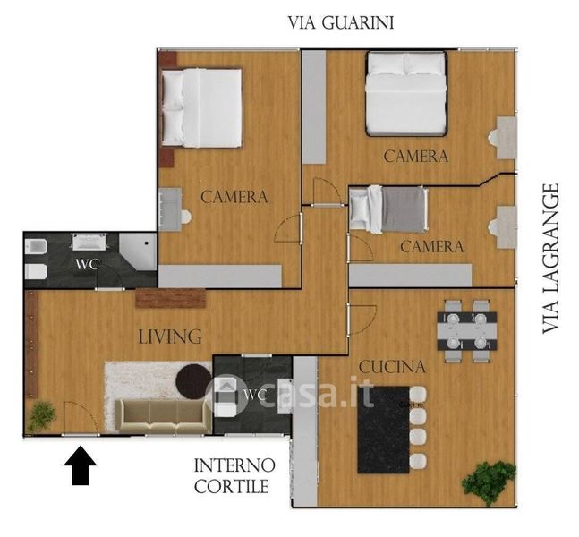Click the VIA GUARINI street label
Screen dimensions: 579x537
(340, 22)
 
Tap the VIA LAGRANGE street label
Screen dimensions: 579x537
(550, 259)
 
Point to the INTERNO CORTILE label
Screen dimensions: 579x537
(234, 475)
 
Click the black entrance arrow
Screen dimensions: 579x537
(81, 465)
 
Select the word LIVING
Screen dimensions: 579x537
(170, 337)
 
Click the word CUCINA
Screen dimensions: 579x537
(392, 367)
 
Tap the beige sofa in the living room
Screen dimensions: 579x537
(163, 416)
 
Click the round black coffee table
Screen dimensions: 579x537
(194, 381)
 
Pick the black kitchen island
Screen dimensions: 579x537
(384, 430)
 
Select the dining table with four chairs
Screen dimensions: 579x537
(467, 331)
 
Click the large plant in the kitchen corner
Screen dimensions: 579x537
(488, 482)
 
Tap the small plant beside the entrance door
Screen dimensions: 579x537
(42, 416)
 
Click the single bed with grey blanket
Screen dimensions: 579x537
(388, 209)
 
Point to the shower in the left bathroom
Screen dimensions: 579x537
(138, 251)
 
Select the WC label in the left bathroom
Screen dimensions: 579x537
(87, 264)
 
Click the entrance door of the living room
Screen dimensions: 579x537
(81, 418)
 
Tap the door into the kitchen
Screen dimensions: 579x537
(362, 320)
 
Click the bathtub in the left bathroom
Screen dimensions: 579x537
(89, 243)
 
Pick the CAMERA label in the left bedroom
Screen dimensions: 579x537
(234, 197)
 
